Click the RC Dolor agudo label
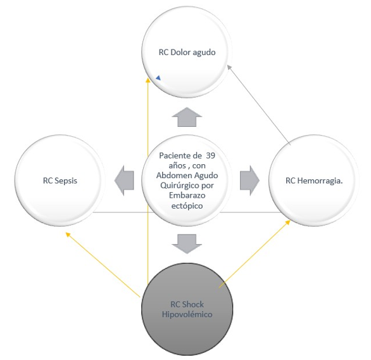tap(187, 53)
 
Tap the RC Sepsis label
tap(60, 181)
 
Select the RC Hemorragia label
tap(314, 181)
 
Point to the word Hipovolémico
tap(187, 314)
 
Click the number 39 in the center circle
tap(210, 156)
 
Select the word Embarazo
tap(187, 196)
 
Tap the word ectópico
tap(187, 205)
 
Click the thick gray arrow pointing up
tap(187, 117)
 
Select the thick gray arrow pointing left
tap(124, 181)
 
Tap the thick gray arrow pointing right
tap(249, 181)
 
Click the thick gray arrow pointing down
tap(187, 244)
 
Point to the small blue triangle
tap(158, 78)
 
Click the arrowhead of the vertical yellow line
tap(148, 80)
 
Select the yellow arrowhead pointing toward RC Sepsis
tap(68, 234)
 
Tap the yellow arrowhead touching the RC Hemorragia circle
tap(288, 222)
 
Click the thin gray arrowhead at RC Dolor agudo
tap(229, 67)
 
